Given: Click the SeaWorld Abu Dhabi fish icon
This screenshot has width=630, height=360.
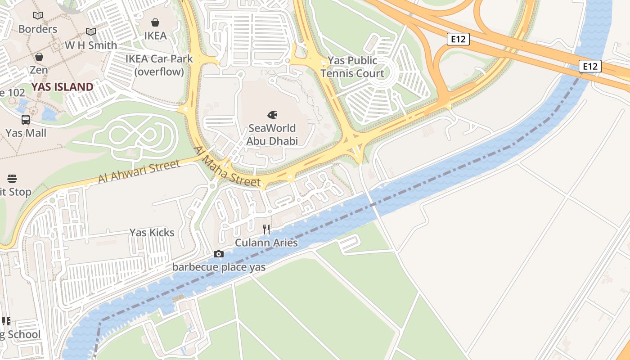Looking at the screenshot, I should (272, 115).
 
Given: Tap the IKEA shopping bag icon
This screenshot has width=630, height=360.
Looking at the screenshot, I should (155, 22).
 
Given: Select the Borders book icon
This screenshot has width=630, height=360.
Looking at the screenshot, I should (38, 16).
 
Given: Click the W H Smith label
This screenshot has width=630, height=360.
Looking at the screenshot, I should (91, 45).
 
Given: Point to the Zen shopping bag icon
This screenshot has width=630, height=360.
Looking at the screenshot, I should (39, 57).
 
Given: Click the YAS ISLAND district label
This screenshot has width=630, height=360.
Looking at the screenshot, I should (63, 87).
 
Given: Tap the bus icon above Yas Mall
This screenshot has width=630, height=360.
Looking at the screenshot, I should (26, 120).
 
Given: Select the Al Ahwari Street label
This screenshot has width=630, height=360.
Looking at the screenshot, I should (139, 172).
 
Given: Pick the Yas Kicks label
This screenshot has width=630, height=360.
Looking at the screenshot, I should (152, 232).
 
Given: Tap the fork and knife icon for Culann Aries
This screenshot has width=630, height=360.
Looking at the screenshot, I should (266, 229).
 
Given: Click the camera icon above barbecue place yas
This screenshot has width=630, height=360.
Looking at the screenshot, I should (219, 254).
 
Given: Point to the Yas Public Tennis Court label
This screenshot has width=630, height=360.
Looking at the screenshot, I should (352, 67).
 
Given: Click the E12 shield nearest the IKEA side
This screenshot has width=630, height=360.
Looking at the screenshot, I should (459, 39).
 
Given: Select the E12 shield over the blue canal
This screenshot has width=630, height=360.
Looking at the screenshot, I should (589, 67).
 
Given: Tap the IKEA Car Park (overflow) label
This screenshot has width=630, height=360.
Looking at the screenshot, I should (159, 65).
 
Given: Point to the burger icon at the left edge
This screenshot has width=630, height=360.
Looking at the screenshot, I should (12, 179).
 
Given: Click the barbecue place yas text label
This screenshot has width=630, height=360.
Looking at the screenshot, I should (219, 267).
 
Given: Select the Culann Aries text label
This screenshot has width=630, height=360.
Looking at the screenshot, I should (266, 243).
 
